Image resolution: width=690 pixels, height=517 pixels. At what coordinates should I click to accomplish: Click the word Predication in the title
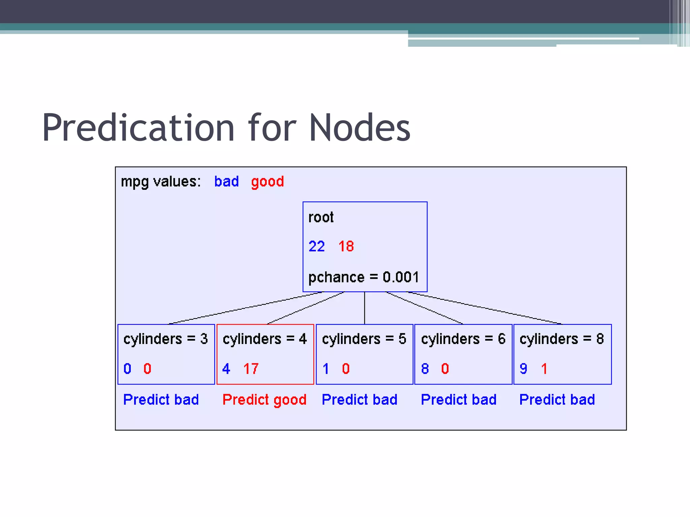[138, 128]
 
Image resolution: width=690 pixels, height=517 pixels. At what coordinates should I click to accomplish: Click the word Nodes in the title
[359, 128]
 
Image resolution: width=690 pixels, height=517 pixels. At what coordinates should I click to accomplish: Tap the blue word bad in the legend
[226, 182]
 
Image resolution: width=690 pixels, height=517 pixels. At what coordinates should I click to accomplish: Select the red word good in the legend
[268, 182]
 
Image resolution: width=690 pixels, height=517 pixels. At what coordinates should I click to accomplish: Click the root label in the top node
[321, 217]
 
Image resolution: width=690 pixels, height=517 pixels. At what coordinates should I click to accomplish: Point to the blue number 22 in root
[317, 246]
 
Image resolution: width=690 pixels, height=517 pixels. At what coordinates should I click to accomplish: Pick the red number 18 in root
[346, 246]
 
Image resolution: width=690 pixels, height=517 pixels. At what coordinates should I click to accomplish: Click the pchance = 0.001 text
[364, 277]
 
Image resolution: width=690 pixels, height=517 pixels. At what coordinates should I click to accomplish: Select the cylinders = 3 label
[165, 339]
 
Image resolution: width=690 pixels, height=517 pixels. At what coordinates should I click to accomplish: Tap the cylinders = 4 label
[265, 339]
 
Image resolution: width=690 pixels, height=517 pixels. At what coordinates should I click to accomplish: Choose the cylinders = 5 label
[364, 339]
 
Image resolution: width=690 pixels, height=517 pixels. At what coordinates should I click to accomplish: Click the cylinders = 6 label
[463, 339]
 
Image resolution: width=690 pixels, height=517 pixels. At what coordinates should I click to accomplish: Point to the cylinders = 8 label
[562, 339]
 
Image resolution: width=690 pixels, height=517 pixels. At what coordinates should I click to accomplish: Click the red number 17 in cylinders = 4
[251, 369]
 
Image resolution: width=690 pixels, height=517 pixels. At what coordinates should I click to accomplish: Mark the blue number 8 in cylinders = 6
[425, 369]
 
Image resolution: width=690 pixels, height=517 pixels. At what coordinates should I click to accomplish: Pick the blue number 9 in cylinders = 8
[523, 369]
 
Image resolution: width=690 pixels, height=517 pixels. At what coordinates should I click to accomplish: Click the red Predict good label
[264, 400]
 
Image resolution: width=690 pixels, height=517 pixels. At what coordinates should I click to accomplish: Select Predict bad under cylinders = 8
[557, 400]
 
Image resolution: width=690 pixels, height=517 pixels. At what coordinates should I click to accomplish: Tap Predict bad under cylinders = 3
[161, 400]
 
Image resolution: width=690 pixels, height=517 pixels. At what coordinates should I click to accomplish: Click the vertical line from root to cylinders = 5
[365, 308]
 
